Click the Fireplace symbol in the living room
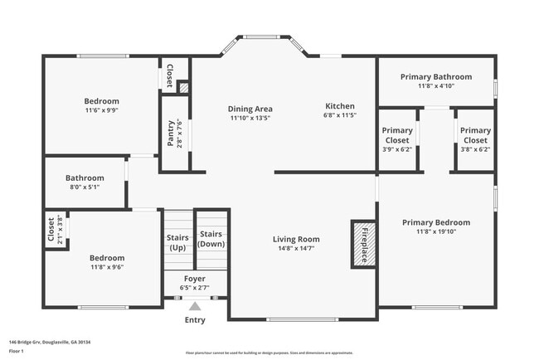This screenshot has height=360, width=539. tap(362, 244)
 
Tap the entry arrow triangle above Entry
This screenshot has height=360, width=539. tap(195, 306)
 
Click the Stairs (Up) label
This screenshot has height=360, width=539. tap(177, 242)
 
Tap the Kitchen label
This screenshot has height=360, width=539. tap(339, 106)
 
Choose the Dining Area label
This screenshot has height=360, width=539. tap(250, 109)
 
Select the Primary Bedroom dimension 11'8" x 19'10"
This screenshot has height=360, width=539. tap(435, 233)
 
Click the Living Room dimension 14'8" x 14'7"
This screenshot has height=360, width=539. tap(296, 250)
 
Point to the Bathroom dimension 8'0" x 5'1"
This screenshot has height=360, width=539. tap(85, 187)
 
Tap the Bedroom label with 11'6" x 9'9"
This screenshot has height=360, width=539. tap(101, 101)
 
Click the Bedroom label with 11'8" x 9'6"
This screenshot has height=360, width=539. tap(107, 258)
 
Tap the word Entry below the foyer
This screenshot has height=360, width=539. tap(195, 319)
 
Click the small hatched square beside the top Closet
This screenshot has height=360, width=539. tap(183, 85)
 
